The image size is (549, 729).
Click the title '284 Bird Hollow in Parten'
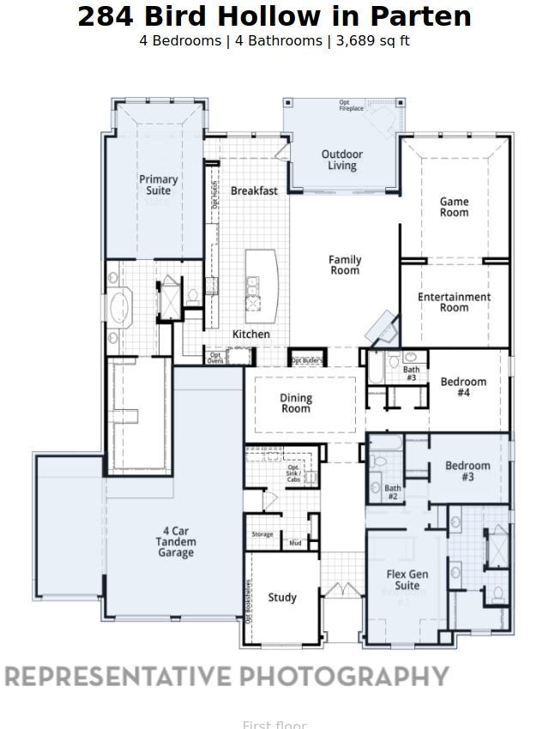coord(274,16)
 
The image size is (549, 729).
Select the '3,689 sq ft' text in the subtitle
coord(371,41)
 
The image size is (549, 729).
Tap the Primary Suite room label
coord(159,184)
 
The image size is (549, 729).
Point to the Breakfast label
coord(254,190)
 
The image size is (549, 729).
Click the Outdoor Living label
coord(342,160)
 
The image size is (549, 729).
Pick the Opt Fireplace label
coord(352,106)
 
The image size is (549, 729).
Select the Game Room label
coord(455,207)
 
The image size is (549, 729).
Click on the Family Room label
coord(345,265)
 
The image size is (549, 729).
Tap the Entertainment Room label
coord(455,302)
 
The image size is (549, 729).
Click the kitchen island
coord(262,282)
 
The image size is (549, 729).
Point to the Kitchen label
coord(251,334)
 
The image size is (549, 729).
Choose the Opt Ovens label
coord(215,358)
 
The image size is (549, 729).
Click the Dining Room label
coord(296,403)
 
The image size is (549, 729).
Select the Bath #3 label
coord(411,374)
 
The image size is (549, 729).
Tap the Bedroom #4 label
coord(463,387)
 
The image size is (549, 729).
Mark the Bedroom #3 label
coord(468,471)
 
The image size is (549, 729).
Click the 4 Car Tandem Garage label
coord(175,542)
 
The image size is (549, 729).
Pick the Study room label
coord(282,597)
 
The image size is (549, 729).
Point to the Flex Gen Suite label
coord(407,580)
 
